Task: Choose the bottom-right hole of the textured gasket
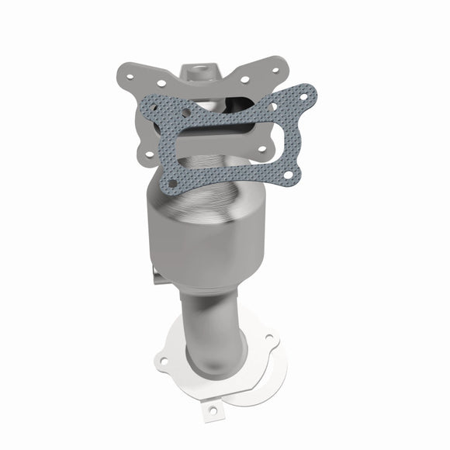point(289,176)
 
